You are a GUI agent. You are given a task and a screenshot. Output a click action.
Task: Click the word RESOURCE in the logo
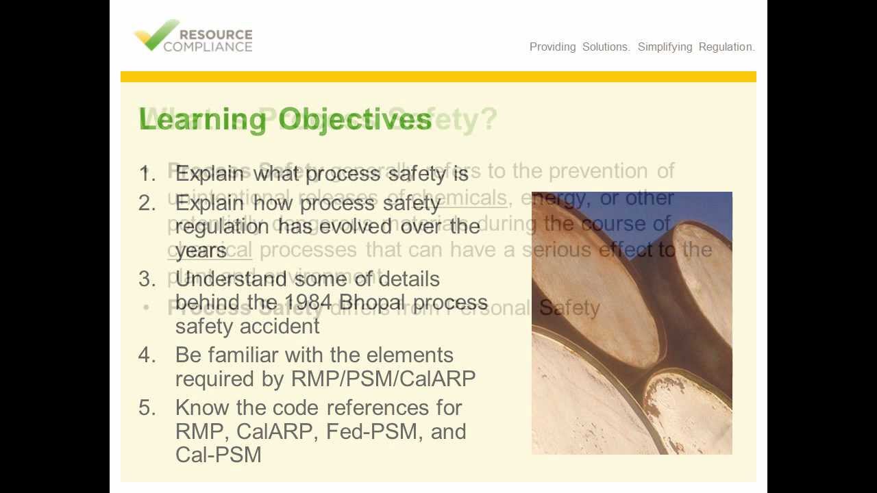215,34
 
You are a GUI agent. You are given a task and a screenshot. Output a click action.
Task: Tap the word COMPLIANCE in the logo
208,47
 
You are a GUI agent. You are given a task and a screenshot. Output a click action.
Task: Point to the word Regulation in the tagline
726,47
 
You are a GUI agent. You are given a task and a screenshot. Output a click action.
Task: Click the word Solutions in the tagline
606,47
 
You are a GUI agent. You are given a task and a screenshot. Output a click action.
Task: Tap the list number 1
147,174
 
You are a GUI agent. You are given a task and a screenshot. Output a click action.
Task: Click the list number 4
147,355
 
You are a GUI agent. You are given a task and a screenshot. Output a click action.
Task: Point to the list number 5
147,408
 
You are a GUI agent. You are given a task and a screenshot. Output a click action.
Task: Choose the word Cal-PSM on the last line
218,455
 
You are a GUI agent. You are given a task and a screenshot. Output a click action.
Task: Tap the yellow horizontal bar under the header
438,77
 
